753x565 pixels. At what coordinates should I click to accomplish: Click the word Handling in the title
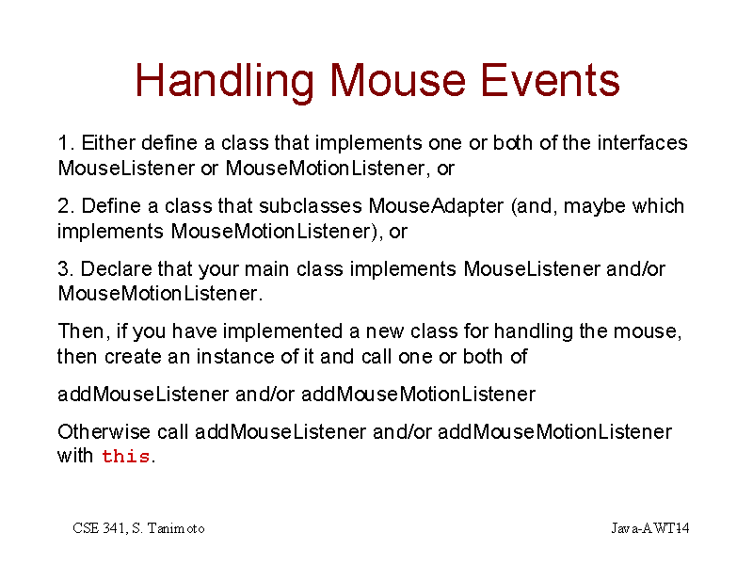(224, 82)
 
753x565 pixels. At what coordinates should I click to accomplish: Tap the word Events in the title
(550, 80)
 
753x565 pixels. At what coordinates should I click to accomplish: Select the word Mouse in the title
(397, 80)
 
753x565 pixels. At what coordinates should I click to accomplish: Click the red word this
(126, 456)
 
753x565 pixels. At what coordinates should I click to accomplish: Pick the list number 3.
(65, 269)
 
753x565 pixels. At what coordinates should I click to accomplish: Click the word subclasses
(311, 206)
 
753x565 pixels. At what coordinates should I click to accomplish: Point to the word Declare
(116, 269)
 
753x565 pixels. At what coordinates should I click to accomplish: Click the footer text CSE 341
(100, 528)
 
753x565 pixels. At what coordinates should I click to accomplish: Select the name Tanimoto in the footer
(176, 528)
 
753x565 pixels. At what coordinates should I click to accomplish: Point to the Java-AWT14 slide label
(650, 528)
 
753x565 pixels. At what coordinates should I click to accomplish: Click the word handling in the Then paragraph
(533, 332)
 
